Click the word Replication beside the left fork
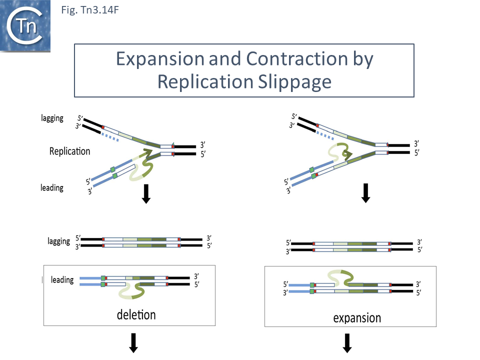(70, 151)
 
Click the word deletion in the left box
(136, 314)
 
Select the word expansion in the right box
(357, 318)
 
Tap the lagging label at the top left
(52, 118)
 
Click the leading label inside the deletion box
(62, 280)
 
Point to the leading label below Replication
(52, 188)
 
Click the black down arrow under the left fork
(146, 193)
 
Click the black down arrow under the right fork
(365, 193)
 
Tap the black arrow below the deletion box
(133, 343)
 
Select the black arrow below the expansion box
(347, 344)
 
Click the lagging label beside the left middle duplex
(59, 241)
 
